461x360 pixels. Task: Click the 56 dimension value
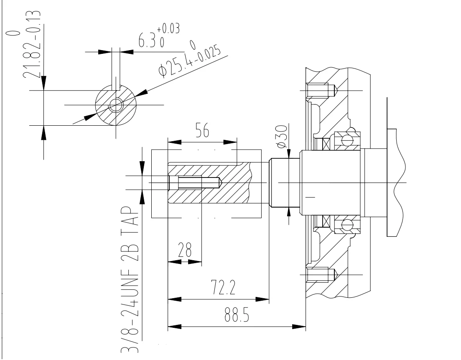(x=202, y=130)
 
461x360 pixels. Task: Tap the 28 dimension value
(x=185, y=250)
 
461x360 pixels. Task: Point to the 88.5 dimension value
(x=237, y=314)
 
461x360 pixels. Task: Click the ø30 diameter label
(x=281, y=137)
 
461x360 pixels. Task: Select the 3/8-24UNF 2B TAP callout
(x=130, y=279)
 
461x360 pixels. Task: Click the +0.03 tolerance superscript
(x=168, y=29)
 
